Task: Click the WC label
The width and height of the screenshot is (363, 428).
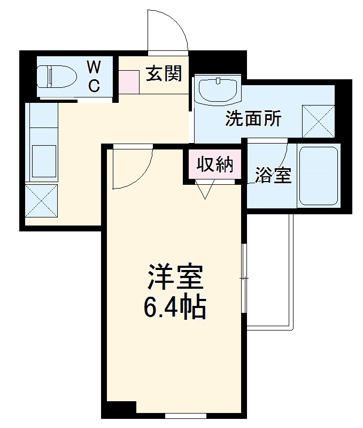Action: click(94, 76)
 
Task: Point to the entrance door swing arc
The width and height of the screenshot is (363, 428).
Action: click(171, 29)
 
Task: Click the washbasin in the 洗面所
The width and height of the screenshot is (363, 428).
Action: click(218, 91)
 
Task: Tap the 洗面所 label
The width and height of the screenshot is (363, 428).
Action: click(252, 119)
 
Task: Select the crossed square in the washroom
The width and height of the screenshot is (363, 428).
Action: click(319, 121)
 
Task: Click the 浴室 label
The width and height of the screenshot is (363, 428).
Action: click(273, 175)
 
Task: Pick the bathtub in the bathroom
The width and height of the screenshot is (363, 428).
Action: click(318, 175)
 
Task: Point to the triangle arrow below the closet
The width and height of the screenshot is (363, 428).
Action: click(205, 189)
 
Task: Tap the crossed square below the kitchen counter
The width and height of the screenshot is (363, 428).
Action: click(41, 200)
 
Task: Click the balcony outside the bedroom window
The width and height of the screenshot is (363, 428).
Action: click(269, 273)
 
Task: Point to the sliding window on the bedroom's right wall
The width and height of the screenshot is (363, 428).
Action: click(243, 279)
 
